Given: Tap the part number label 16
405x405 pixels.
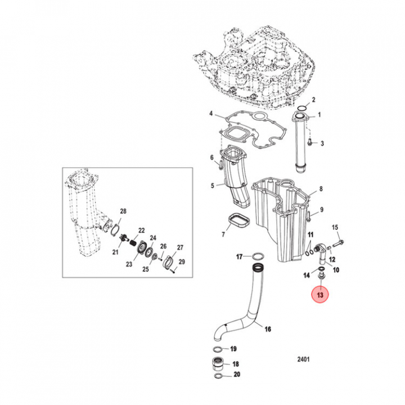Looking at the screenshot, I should tap(267, 329).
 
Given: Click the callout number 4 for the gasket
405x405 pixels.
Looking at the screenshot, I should tap(211, 114).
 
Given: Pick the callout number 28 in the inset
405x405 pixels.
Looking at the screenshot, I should tap(123, 211).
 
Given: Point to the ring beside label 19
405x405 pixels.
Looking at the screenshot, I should tap(219, 350).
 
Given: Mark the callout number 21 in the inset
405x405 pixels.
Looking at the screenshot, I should tap(115, 252).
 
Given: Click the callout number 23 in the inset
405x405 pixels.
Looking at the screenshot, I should tap(129, 264).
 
